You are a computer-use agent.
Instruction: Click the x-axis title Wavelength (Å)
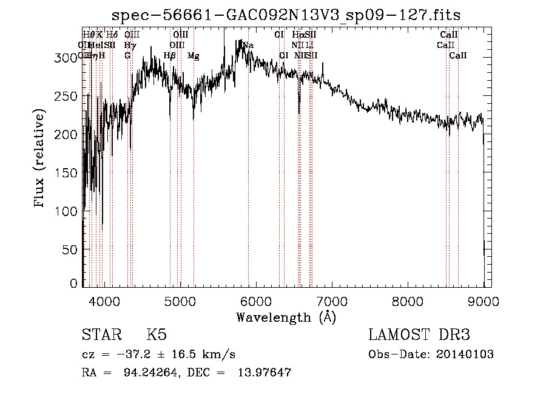[x=286, y=317]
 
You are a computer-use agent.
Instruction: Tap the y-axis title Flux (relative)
[x=41, y=159]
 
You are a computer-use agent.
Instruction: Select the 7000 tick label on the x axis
[x=332, y=299]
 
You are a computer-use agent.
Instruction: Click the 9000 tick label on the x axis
[x=484, y=299]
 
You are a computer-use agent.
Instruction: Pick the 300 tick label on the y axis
[x=69, y=58]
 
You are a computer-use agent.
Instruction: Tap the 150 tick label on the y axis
[x=69, y=172]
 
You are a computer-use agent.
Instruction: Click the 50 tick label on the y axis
[x=72, y=250]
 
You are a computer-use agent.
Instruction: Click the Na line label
[x=248, y=46]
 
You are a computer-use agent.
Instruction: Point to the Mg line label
[x=194, y=56]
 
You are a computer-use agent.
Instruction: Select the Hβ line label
[x=170, y=56]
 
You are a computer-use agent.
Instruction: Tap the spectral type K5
[x=157, y=335]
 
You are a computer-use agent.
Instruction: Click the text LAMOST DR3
[x=419, y=335]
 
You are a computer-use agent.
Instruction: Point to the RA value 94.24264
[x=144, y=373]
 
